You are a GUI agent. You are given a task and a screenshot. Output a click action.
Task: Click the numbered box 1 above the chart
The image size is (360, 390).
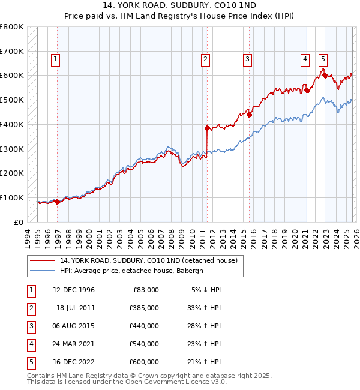click(55, 59)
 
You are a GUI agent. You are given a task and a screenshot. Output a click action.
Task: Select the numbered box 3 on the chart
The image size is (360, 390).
click(247, 59)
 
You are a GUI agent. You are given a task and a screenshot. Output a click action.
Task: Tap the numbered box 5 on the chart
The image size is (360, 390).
click(323, 59)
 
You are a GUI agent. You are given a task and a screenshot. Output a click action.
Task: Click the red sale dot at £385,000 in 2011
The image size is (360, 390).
click(207, 128)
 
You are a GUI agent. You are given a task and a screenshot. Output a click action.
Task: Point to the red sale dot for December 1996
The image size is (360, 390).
click(58, 202)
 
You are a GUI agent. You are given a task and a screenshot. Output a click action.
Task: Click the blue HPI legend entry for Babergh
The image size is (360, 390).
click(131, 271)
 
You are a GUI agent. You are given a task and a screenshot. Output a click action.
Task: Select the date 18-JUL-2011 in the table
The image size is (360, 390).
click(76, 308)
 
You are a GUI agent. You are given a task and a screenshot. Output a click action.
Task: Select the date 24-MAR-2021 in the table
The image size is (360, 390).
click(74, 344)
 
